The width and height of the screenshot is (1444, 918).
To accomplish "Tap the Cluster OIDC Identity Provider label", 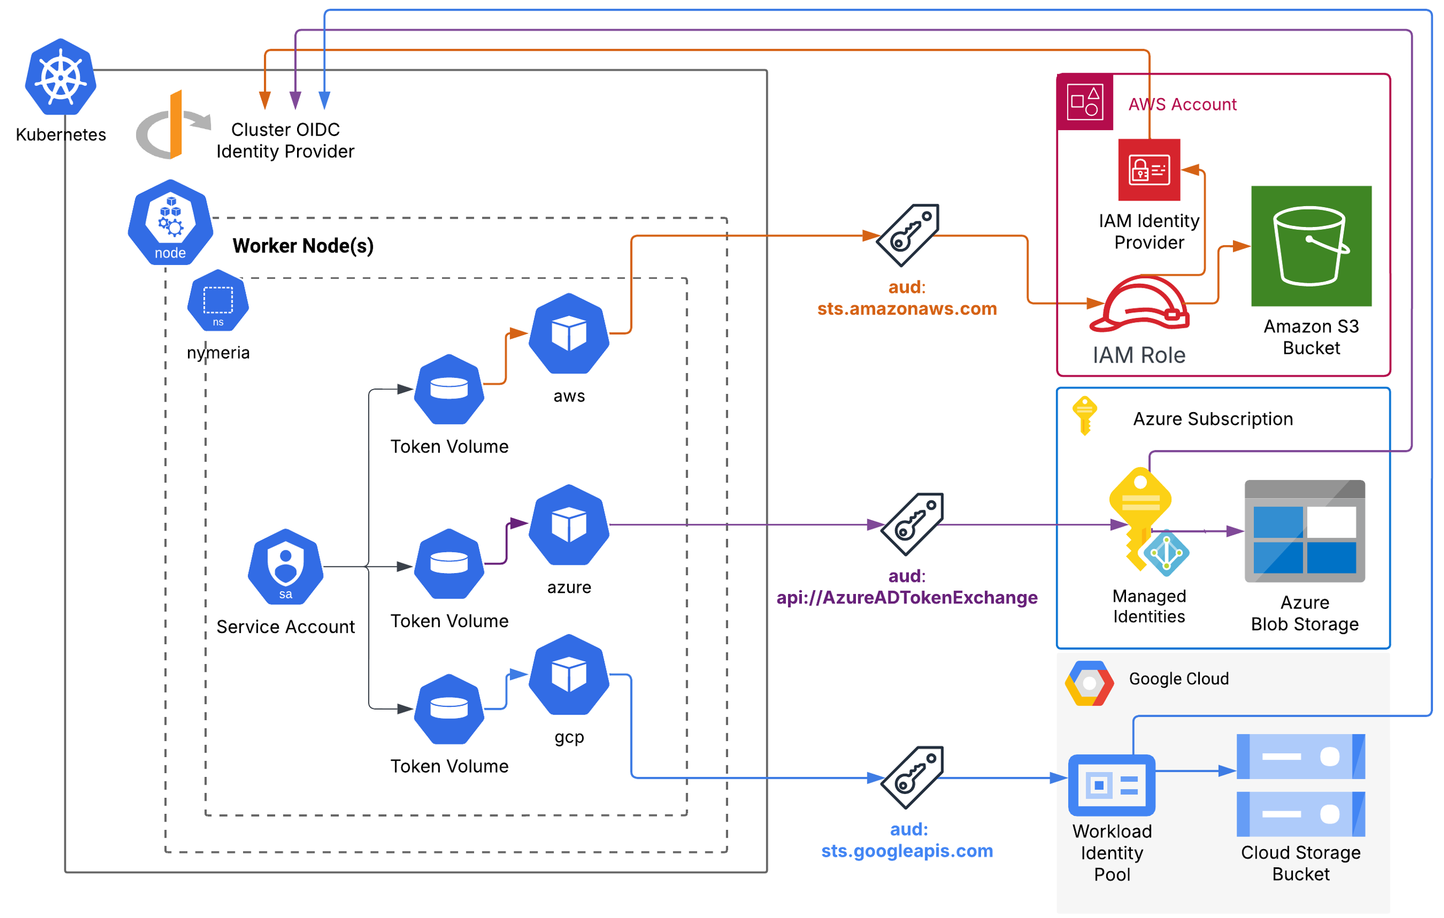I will click(285, 141).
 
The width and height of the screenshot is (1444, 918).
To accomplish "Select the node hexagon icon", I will click(170, 222).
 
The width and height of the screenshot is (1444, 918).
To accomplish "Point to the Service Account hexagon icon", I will click(285, 566).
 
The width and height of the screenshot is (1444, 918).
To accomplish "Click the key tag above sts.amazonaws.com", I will click(907, 235).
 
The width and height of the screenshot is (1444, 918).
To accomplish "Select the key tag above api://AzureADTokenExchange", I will click(912, 524).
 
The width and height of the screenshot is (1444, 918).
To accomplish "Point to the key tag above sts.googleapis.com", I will click(912, 777).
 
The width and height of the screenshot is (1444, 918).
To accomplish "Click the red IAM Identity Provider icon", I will click(1149, 170).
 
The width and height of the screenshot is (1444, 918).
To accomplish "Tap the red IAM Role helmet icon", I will click(1139, 304).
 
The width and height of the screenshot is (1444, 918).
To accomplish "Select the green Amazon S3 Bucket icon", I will click(1311, 246).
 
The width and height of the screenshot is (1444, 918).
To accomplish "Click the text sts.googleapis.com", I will click(907, 851).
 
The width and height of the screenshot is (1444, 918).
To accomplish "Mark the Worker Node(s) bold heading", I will click(303, 246).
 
